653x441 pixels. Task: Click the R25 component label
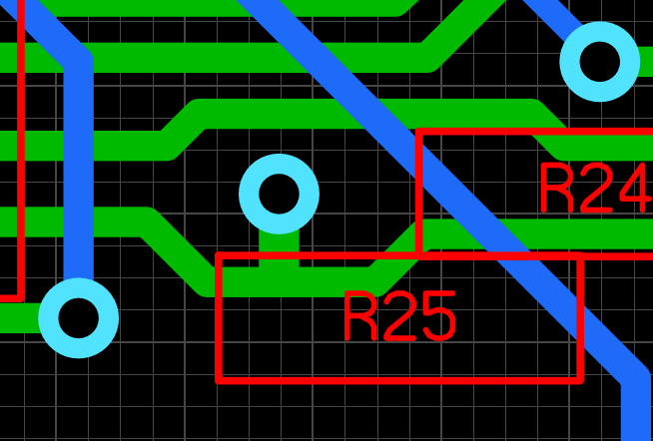pos(399,316)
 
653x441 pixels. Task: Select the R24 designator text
pos(596,188)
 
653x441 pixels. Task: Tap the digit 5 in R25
pos(439,316)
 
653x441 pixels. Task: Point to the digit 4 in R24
pos(635,188)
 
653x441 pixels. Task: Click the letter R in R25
pos(360,316)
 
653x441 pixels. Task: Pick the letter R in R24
pos(557,188)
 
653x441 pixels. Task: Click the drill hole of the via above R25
pos(279,194)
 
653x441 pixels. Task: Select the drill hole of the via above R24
pos(600,62)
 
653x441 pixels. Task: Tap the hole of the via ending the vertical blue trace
pos(78,318)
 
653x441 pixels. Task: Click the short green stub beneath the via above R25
pos(279,249)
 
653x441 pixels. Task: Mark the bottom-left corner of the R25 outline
pos(219,380)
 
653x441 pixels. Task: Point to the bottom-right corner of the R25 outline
pos(580,380)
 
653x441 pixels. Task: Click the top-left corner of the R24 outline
pos(419,132)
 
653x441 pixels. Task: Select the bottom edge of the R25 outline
pos(399,380)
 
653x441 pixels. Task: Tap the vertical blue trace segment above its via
pos(78,171)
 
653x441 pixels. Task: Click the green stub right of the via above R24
pos(645,62)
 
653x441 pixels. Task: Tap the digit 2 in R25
pos(399,316)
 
